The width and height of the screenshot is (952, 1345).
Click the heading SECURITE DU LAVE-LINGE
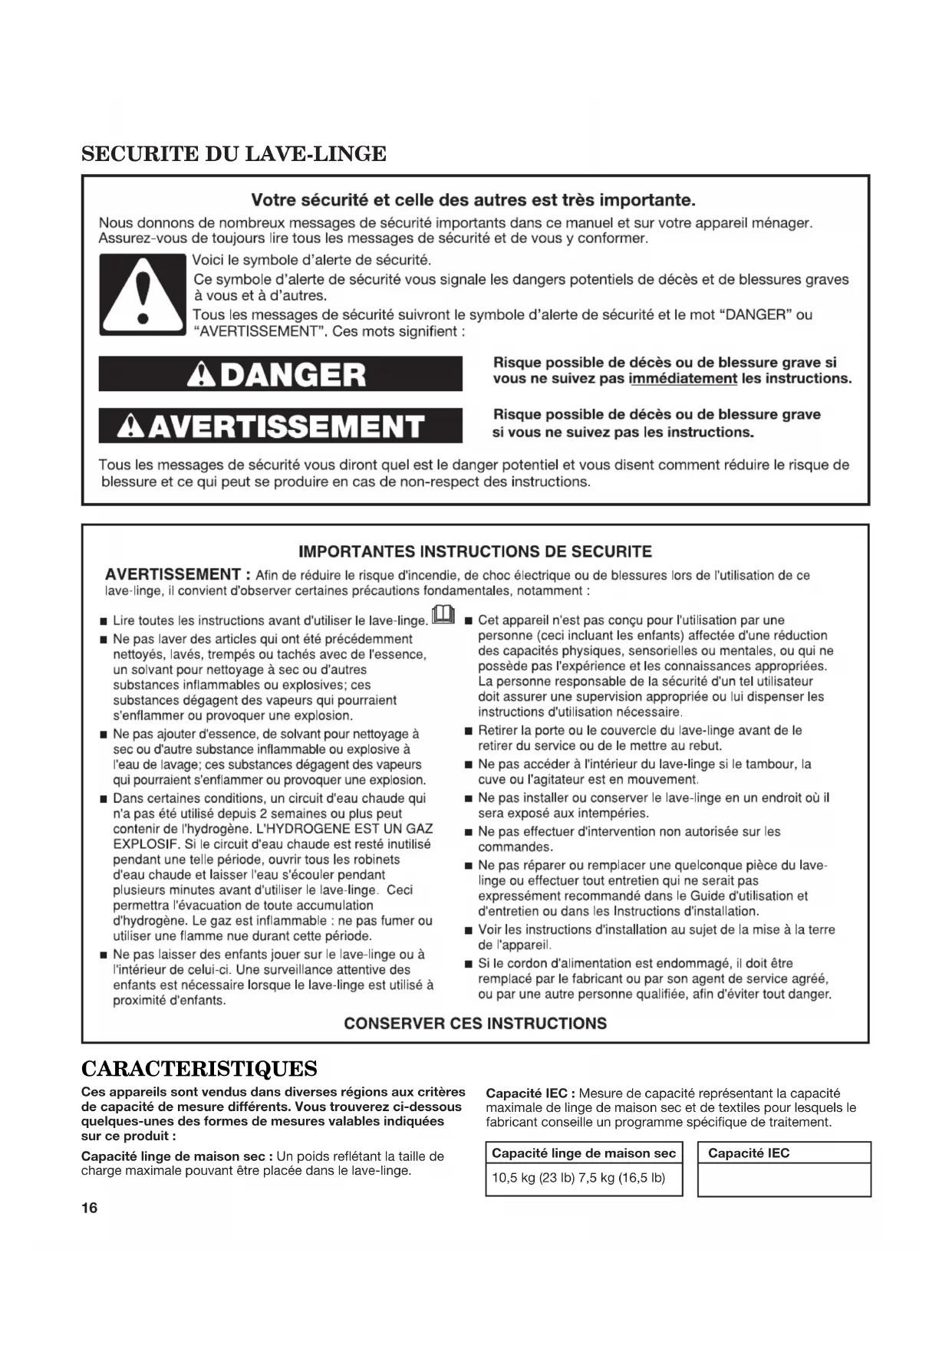(234, 154)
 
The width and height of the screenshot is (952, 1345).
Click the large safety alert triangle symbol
(142, 294)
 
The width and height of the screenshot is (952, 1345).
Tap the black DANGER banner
(281, 374)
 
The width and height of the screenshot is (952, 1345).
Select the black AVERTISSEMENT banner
(281, 426)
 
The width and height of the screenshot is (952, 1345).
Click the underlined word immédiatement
(683, 379)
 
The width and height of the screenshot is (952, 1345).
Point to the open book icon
(444, 615)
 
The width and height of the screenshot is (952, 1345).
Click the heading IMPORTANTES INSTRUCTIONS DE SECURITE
(475, 551)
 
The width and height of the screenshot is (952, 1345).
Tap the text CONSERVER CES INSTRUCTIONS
(475, 1023)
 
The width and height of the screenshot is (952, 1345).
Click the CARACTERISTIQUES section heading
(199, 1068)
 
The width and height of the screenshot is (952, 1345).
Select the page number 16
(89, 1209)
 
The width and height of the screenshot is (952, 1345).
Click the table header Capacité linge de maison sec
(584, 1153)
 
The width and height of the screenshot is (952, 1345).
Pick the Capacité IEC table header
(749, 1153)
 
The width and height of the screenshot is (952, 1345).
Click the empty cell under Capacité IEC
(784, 1179)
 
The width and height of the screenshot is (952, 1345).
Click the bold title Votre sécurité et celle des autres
(473, 201)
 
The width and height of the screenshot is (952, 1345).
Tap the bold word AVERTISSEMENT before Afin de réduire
(173, 574)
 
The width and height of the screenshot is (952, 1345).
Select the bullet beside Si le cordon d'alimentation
(469, 964)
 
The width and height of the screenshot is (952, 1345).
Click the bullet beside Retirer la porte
(469, 731)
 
